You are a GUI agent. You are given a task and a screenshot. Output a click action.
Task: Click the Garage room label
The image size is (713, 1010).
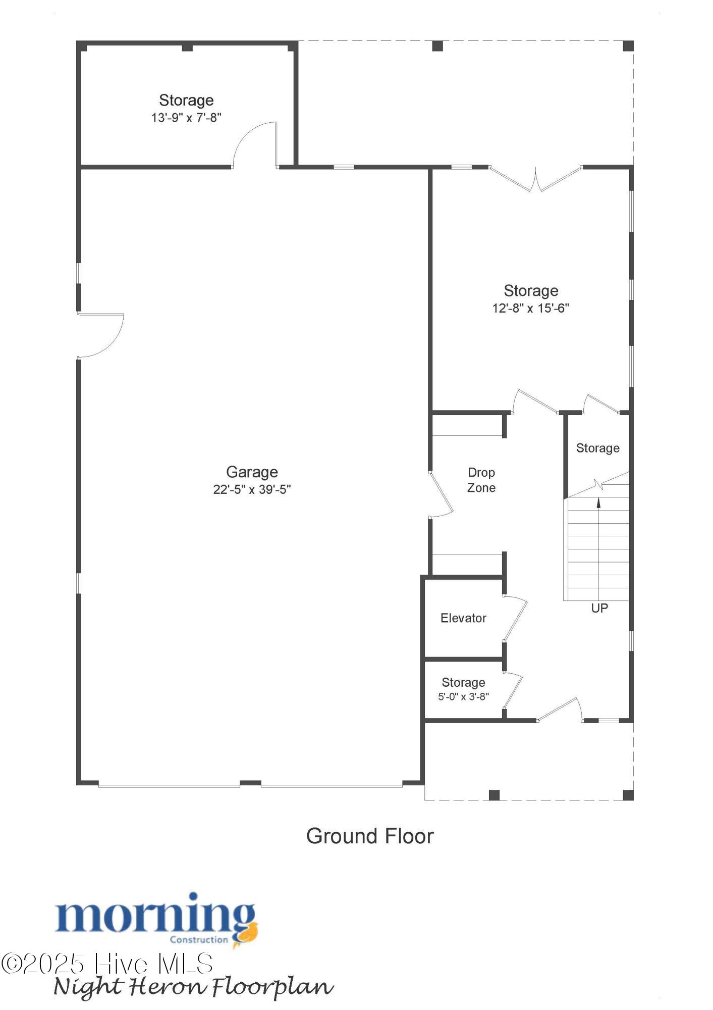click(252, 472)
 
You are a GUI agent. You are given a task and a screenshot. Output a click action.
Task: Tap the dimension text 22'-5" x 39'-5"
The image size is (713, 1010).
click(252, 489)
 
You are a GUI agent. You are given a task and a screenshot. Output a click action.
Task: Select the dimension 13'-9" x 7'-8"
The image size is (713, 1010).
click(186, 118)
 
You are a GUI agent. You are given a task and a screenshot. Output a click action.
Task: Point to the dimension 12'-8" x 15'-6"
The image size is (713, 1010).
click(531, 308)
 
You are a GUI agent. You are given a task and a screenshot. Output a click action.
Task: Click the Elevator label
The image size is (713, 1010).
click(463, 618)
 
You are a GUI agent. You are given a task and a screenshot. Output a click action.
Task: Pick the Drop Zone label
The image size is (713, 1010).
click(481, 480)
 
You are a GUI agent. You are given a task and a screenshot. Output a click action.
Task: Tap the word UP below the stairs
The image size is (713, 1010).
click(599, 609)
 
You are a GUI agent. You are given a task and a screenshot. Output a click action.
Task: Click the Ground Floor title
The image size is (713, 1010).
click(370, 836)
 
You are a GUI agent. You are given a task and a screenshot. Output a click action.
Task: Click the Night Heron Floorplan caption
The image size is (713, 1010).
click(193, 987)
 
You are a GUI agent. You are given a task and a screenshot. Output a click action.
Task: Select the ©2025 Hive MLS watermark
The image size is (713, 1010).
click(107, 964)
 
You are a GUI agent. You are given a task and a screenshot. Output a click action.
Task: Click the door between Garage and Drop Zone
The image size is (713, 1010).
click(441, 495)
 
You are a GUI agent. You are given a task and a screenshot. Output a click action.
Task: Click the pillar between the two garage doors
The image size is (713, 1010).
click(250, 783)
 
